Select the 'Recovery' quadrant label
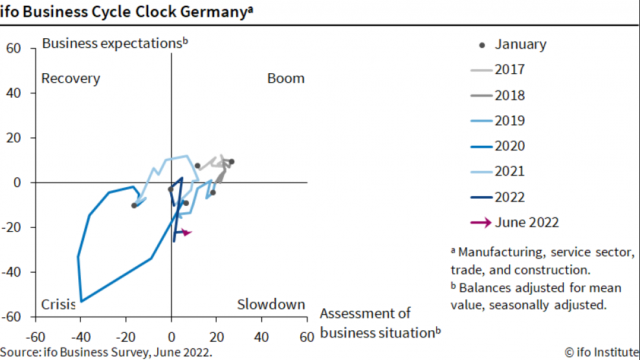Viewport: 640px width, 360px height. point(71,78)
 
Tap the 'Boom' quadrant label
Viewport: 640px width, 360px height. point(285,78)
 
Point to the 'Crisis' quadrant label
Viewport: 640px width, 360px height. point(59,304)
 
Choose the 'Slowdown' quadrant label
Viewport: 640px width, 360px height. point(270,304)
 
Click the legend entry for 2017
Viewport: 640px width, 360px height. point(509,69)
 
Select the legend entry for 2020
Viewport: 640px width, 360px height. point(509,146)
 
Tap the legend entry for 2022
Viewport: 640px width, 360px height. point(509,197)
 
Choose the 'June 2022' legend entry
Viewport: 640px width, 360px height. point(526,222)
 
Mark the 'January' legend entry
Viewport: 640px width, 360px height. point(520,44)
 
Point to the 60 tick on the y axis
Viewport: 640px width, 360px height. point(14,48)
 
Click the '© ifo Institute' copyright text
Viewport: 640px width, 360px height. point(601,352)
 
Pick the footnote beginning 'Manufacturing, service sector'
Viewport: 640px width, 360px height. point(543,260)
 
